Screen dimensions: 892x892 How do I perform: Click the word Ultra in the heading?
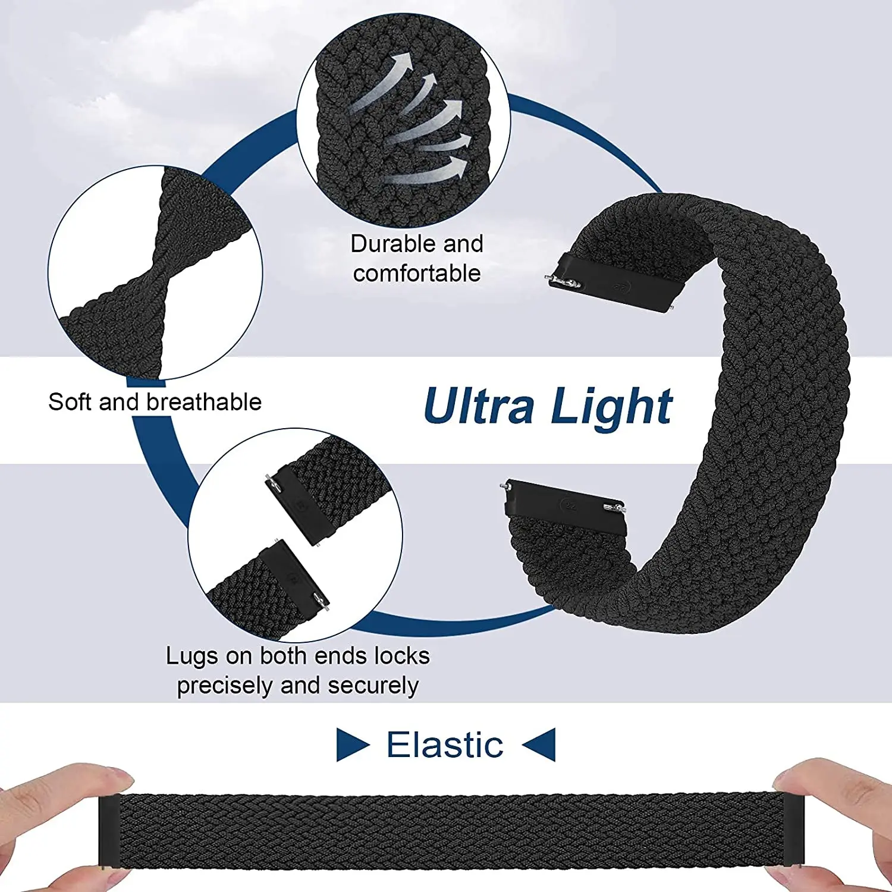click(x=479, y=406)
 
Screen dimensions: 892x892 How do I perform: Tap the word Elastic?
click(x=445, y=745)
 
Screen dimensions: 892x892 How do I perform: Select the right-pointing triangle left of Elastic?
click(x=351, y=745)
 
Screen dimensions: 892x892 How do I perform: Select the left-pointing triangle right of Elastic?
click(x=541, y=745)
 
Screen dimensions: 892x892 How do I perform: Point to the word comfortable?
click(x=417, y=274)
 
